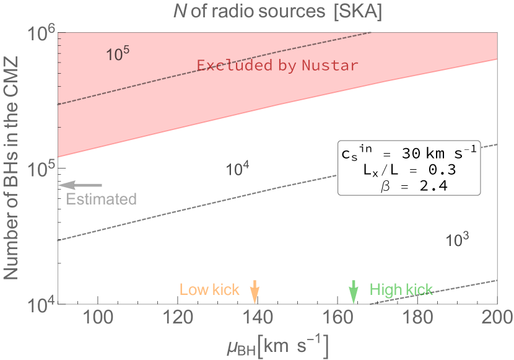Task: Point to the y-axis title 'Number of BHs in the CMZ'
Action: (11, 167)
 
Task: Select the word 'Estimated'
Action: (101, 200)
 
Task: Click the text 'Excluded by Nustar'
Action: (277, 66)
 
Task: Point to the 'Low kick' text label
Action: (209, 290)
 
